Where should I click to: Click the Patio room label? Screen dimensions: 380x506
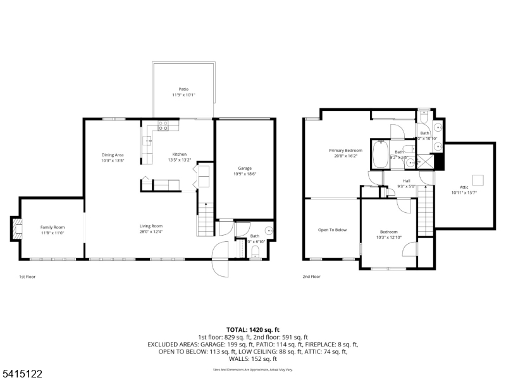[x=183, y=89]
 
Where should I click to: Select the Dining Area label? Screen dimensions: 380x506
[x=113, y=155]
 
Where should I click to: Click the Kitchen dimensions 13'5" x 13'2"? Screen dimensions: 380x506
[x=180, y=160]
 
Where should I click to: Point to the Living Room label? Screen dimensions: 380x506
[x=152, y=226]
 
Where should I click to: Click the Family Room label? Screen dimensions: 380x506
[x=52, y=227]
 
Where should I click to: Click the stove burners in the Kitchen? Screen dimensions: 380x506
[x=163, y=128]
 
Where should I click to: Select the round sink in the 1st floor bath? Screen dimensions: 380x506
[x=269, y=231]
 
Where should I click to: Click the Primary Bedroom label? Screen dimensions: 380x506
[x=344, y=150]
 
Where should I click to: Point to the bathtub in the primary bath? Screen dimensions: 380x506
[x=381, y=155]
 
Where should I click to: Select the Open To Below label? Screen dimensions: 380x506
[x=332, y=230]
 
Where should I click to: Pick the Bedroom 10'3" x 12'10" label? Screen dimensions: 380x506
[x=388, y=232]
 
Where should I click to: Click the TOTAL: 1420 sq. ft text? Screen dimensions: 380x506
[x=252, y=330]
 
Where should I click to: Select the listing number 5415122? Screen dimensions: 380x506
[x=22, y=374]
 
